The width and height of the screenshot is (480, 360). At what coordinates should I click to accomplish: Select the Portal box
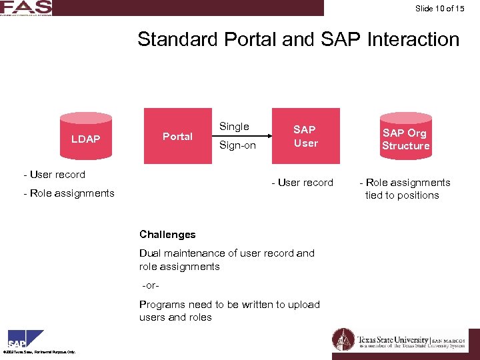pyautogui.click(x=177, y=136)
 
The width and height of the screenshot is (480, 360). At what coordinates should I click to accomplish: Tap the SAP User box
pyautogui.click(x=306, y=136)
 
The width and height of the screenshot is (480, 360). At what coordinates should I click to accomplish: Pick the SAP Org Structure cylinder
pyautogui.click(x=405, y=138)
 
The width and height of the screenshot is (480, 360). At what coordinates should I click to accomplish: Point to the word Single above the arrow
pyautogui.click(x=234, y=126)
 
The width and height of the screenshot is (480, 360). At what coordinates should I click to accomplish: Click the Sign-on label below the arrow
pyautogui.click(x=237, y=145)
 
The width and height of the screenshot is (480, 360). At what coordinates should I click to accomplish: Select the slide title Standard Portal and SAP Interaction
pyautogui.click(x=298, y=39)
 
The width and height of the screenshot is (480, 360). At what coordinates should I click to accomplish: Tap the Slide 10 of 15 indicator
pyautogui.click(x=439, y=9)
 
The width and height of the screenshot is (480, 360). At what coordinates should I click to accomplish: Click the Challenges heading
pyautogui.click(x=167, y=234)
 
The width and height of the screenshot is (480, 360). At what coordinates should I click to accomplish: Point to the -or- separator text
pyautogui.click(x=151, y=285)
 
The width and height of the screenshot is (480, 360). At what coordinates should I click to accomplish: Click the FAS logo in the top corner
pyautogui.click(x=26, y=8)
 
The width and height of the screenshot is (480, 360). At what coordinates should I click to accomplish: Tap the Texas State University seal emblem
pyautogui.click(x=343, y=340)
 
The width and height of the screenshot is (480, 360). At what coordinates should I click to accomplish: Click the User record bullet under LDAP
pyautogui.click(x=54, y=175)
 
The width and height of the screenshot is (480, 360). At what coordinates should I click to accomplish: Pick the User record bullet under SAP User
pyautogui.click(x=302, y=183)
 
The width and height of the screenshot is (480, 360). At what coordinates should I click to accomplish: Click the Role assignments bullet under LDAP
pyautogui.click(x=69, y=193)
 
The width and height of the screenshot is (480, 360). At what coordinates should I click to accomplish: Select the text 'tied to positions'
pyautogui.click(x=402, y=195)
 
